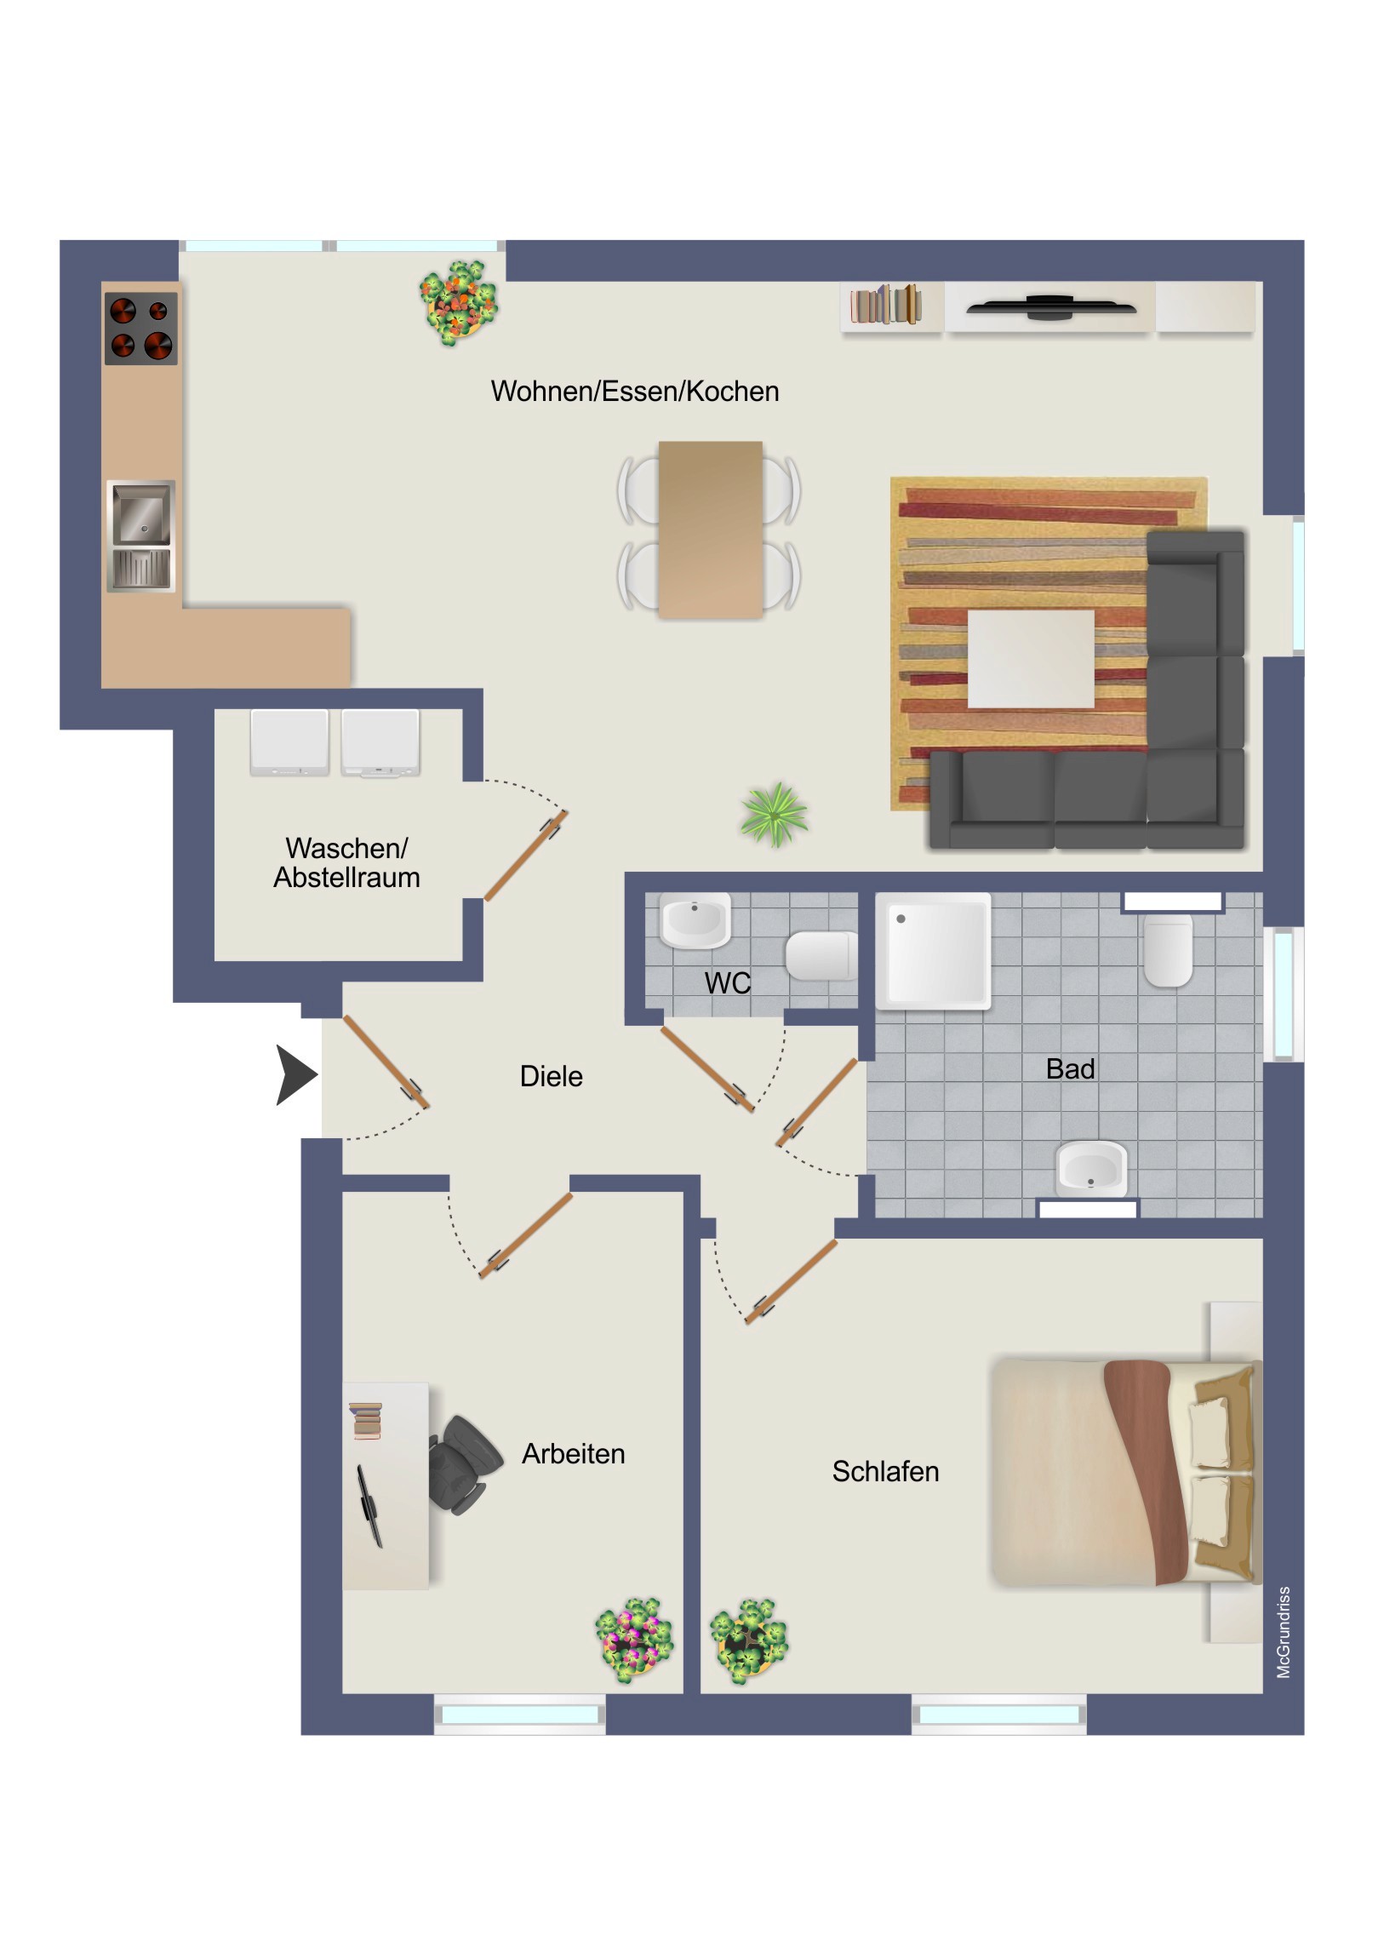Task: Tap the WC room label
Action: pyautogui.click(x=728, y=983)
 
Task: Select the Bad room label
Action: pyautogui.click(x=1070, y=1068)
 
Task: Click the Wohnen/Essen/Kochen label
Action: pyautogui.click(x=634, y=391)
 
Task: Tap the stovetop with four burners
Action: pyautogui.click(x=140, y=329)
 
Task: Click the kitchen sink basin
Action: pyautogui.click(x=140, y=513)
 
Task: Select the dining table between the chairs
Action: pyautogui.click(x=711, y=530)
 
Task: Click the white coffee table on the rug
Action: pyautogui.click(x=1030, y=658)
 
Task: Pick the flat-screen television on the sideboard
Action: pyautogui.click(x=1050, y=307)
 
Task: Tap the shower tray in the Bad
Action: pyautogui.click(x=934, y=951)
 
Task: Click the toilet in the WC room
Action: pyautogui.click(x=820, y=956)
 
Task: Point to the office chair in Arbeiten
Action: pyautogui.click(x=464, y=1464)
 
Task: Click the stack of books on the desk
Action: pyautogui.click(x=366, y=1421)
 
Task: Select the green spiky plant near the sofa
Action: pyautogui.click(x=775, y=815)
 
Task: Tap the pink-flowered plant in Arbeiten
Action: pyautogui.click(x=633, y=1640)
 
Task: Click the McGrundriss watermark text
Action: pyautogui.click(x=1284, y=1632)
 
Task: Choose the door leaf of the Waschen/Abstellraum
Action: pyautogui.click(x=525, y=856)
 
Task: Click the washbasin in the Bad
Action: pyautogui.click(x=1091, y=1167)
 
